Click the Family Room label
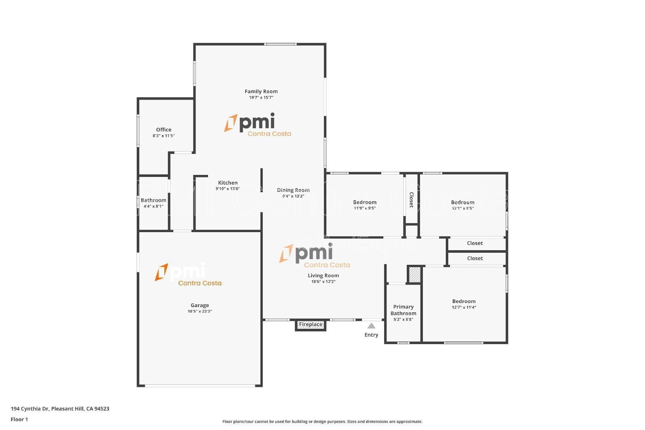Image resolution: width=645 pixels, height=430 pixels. [x=261, y=91]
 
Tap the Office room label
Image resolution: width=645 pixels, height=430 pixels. [x=164, y=130]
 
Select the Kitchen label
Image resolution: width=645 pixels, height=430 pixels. [x=228, y=183]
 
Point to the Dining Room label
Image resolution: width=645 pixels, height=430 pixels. [x=293, y=190]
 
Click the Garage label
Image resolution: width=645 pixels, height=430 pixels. [x=200, y=305]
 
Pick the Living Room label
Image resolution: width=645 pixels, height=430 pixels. [x=323, y=276]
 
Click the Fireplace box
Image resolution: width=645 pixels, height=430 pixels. [x=310, y=324]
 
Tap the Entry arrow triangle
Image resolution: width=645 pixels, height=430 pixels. [x=371, y=326]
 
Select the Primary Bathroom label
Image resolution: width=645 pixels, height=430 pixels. [x=403, y=310]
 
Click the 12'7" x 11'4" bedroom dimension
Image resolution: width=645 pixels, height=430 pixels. [x=464, y=307]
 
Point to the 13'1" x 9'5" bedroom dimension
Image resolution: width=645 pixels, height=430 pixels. [x=462, y=209]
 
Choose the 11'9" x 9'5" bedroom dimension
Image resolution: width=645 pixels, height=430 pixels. [x=365, y=209]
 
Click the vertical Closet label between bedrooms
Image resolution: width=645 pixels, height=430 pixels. [x=411, y=199]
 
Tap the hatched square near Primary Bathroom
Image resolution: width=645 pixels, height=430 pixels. [x=414, y=275]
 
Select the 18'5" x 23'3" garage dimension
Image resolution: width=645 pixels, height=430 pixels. [x=200, y=312]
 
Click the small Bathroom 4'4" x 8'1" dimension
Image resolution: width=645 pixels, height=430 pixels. [x=153, y=206]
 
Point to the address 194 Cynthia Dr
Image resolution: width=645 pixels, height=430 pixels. [x=60, y=409]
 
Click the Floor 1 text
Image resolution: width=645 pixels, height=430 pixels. [x=19, y=420]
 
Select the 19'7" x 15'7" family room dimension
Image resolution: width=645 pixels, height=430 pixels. [x=261, y=98]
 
